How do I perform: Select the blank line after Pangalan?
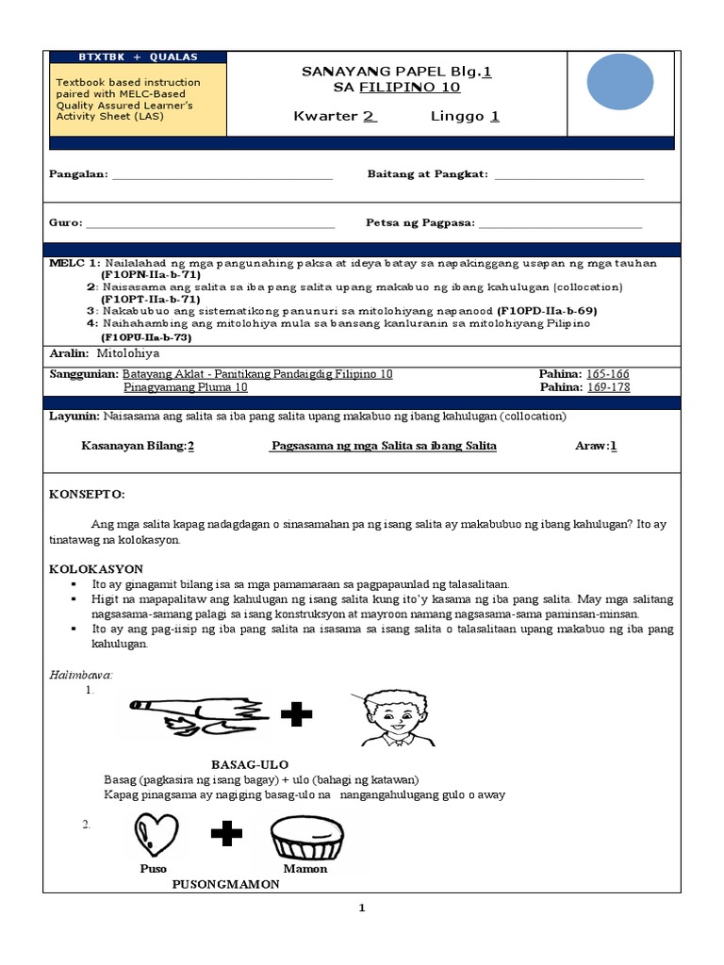coord(222,176)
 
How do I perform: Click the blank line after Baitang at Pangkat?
coord(568,176)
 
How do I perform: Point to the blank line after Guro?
coord(210,225)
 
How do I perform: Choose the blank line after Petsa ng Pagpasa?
coord(561,225)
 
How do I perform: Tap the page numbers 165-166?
coord(608,374)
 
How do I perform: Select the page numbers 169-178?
coord(608,387)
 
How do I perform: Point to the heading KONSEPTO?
coord(87,495)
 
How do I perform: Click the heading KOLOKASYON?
coord(96,569)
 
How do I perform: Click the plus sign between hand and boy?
coord(297,715)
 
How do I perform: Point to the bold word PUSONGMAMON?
coord(225,885)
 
